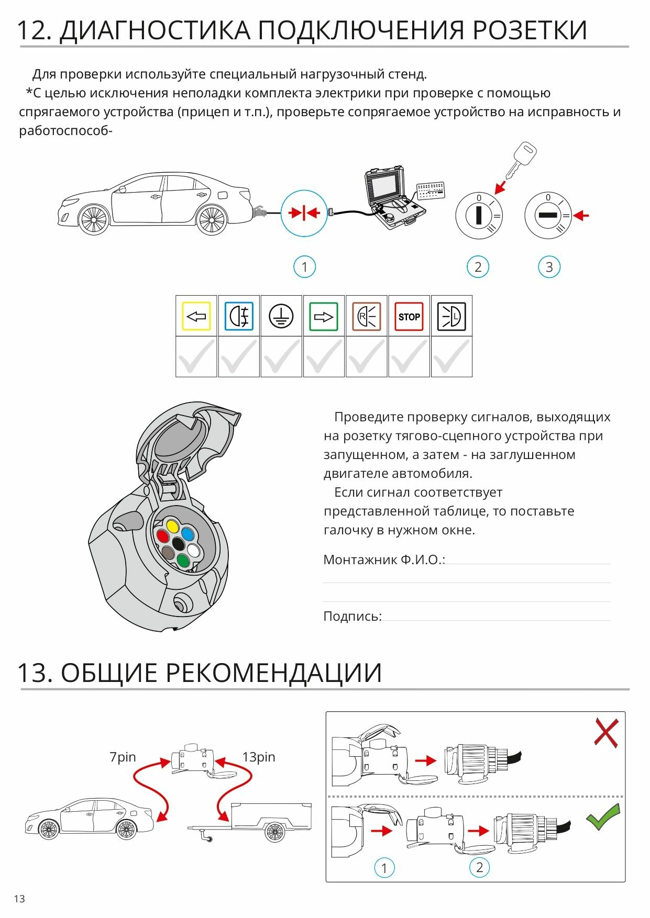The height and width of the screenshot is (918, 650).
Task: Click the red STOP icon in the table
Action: [x=409, y=316]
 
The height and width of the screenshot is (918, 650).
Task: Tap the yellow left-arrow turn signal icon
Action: [x=196, y=316]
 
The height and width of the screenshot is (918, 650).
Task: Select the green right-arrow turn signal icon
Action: [x=323, y=316]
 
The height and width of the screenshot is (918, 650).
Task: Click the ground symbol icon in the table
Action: [x=281, y=316]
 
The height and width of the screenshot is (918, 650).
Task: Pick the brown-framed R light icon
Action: [x=366, y=316]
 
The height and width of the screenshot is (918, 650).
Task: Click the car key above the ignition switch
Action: [x=522, y=159]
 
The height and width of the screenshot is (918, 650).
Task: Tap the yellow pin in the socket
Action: [x=172, y=525]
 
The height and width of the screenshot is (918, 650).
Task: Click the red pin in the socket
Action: [x=163, y=536]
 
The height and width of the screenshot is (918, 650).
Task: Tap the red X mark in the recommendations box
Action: [x=606, y=732]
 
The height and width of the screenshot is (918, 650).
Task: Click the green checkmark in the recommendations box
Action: [x=603, y=816]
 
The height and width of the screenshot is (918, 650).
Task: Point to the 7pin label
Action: [x=123, y=757]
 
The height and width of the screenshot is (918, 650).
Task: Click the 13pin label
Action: [x=258, y=757]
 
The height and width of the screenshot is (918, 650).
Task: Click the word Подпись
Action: [x=352, y=616]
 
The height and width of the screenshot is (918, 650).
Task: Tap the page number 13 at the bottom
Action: [x=19, y=899]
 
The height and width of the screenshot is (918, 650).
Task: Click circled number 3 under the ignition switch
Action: [x=549, y=267]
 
